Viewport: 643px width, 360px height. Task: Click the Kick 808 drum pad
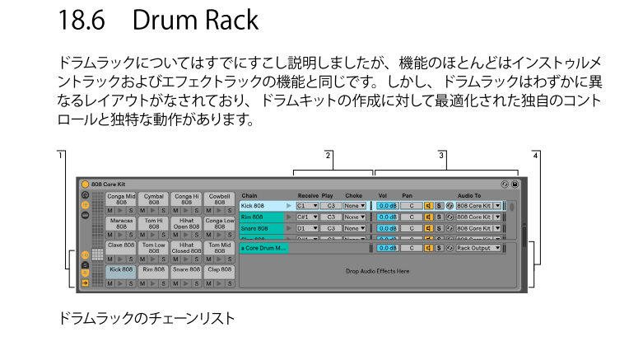[121, 269]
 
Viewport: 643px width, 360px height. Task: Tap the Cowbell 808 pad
[219, 200]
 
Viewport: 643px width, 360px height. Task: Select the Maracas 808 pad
[121, 224]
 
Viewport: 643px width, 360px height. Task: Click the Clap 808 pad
[219, 269]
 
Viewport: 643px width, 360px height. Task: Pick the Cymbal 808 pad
[154, 200]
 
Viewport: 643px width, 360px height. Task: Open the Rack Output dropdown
[478, 248]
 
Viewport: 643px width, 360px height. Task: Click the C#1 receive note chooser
[307, 217]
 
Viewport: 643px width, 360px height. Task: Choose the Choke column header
[353, 195]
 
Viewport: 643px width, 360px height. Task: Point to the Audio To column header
[468, 195]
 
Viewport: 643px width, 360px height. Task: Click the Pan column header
[407, 195]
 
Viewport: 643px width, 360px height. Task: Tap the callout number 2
[328, 154]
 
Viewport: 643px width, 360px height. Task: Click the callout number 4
[536, 154]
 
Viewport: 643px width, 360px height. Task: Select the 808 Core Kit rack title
[109, 184]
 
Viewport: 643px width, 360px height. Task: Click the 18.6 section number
[81, 19]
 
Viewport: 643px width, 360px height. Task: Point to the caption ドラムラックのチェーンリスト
[147, 316]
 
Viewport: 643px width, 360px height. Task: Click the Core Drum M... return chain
[263, 248]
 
